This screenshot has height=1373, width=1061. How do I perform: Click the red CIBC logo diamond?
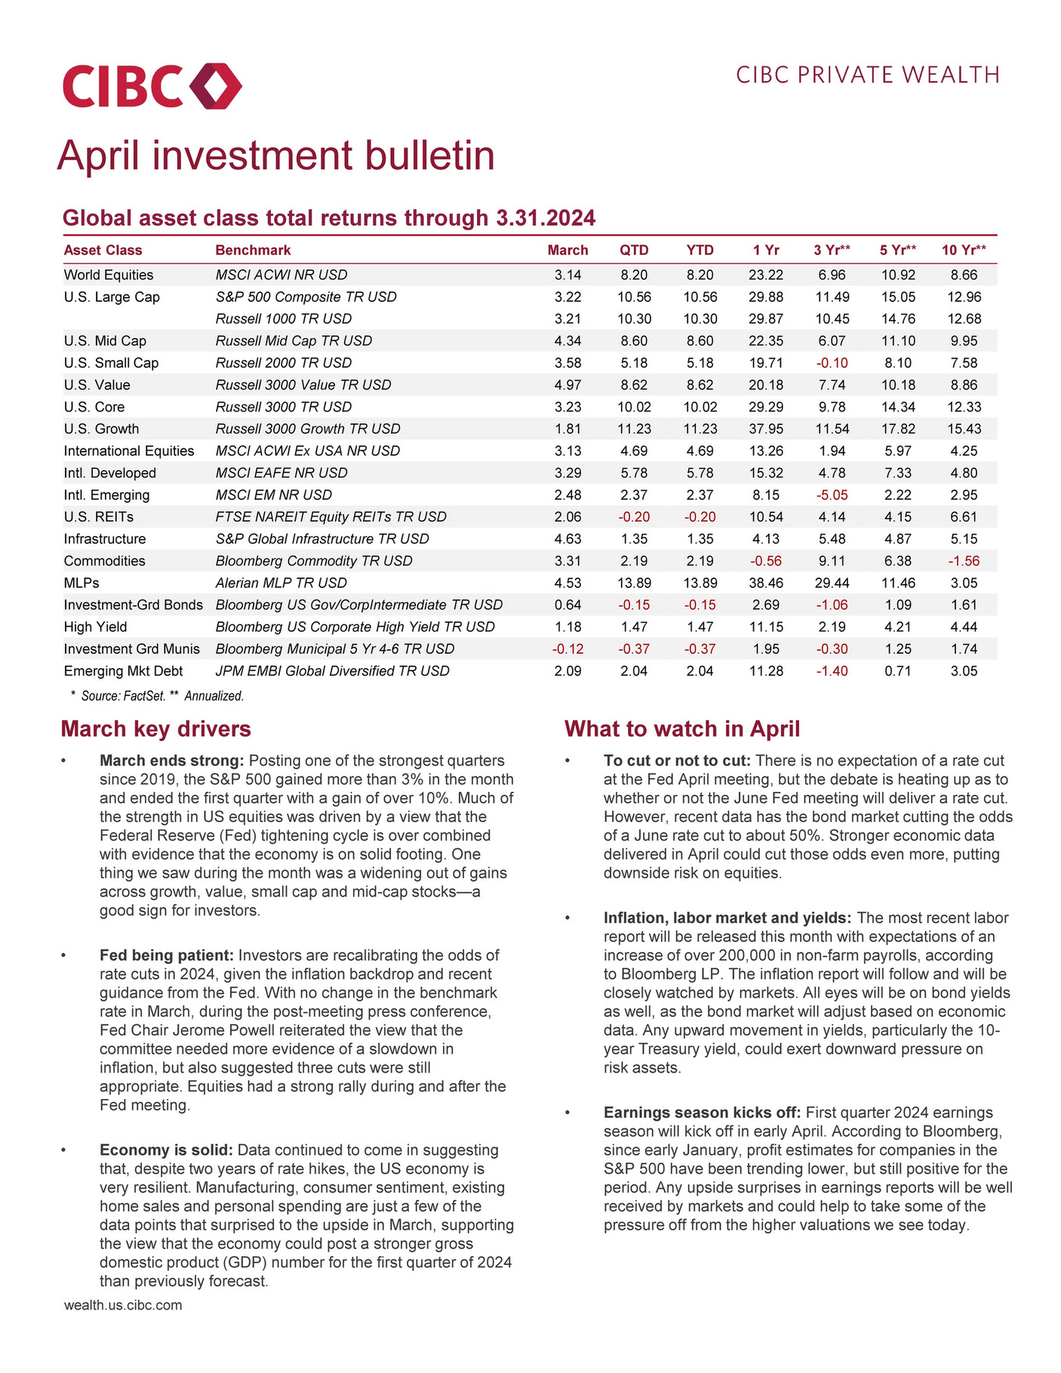216,85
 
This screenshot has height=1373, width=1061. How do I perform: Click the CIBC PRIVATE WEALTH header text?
868,75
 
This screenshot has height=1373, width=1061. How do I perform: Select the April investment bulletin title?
276,155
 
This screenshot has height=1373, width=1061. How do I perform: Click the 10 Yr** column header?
964,250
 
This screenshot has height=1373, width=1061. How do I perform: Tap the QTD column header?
634,250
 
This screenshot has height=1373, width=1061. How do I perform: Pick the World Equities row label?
109,275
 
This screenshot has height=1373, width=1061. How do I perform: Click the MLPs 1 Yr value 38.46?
766,583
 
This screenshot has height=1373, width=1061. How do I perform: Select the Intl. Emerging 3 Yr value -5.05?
832,495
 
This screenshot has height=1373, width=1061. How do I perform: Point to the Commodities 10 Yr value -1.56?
964,561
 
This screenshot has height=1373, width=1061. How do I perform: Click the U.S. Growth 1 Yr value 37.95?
766,429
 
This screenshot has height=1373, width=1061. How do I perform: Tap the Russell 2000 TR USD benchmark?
284,363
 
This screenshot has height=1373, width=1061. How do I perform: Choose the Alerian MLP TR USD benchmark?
281,583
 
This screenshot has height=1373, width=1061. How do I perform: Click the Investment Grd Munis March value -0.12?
567,649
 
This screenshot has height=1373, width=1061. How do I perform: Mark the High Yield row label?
96,627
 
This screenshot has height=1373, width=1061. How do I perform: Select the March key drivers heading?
156,729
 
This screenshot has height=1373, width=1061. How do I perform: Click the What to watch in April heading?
682,729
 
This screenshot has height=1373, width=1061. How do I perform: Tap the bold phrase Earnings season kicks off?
702,1113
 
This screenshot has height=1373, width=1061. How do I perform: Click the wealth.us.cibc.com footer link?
123,1305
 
